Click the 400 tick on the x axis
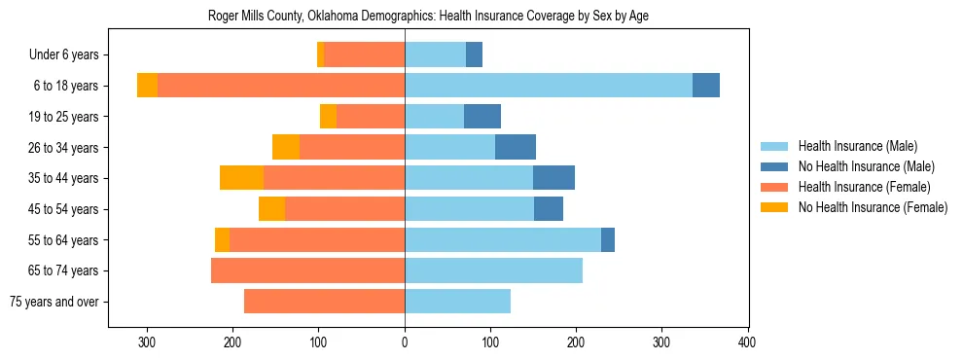[x=747, y=342]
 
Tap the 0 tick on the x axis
[x=405, y=342]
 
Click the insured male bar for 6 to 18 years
[x=549, y=86]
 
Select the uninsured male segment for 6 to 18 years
[x=706, y=86]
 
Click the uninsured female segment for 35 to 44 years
[x=241, y=178]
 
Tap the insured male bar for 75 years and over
[x=457, y=302]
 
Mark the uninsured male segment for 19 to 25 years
[x=482, y=117]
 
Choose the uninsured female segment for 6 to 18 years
[x=147, y=86]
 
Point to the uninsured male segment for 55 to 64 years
[x=608, y=239]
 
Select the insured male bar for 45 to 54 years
[x=469, y=209]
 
